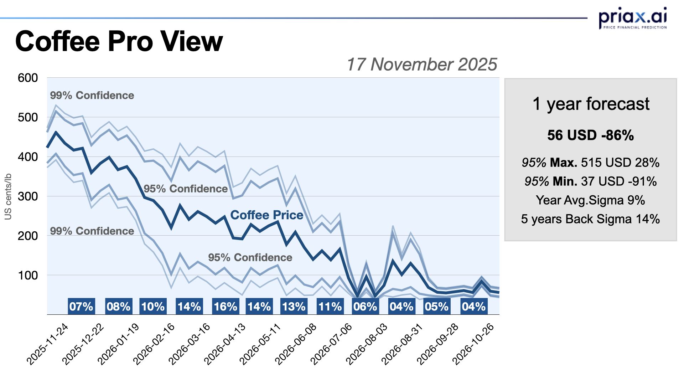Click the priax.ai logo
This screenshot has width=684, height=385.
point(632,18)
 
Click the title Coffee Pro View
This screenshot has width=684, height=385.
point(119,42)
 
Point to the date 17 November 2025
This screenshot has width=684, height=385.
point(421,65)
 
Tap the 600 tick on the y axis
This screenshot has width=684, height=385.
point(28,78)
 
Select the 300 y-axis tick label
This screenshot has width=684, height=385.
point(28,196)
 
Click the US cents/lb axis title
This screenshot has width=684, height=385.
point(8,196)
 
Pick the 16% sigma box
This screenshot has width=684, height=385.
point(225,306)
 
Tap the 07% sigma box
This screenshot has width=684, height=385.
point(81,306)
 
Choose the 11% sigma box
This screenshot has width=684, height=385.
point(330,306)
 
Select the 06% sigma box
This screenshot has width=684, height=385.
point(365,306)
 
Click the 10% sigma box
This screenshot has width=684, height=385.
point(153,306)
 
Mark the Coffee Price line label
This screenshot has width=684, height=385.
point(267,215)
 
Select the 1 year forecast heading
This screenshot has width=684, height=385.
point(591,104)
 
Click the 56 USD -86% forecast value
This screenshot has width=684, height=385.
point(591,135)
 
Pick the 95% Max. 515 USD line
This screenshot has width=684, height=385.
point(591,163)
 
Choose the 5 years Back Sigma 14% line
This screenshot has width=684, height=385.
point(591,219)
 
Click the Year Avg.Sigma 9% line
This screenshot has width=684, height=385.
point(591,200)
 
